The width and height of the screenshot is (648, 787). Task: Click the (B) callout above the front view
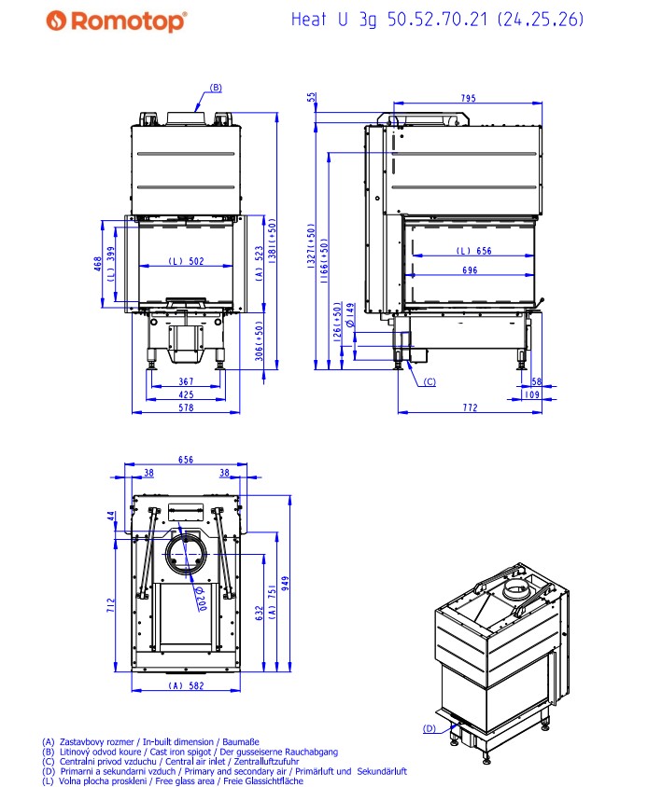(215, 88)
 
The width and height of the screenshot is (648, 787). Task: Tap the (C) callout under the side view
(430, 381)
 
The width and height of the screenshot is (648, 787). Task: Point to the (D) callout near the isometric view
(429, 728)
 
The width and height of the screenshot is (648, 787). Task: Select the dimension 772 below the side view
(470, 407)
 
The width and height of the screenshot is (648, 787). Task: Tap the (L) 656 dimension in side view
(473, 251)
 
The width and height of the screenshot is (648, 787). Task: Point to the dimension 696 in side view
(469, 270)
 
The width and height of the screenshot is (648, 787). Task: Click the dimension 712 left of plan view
(111, 607)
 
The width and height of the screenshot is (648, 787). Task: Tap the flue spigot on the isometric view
(514, 592)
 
